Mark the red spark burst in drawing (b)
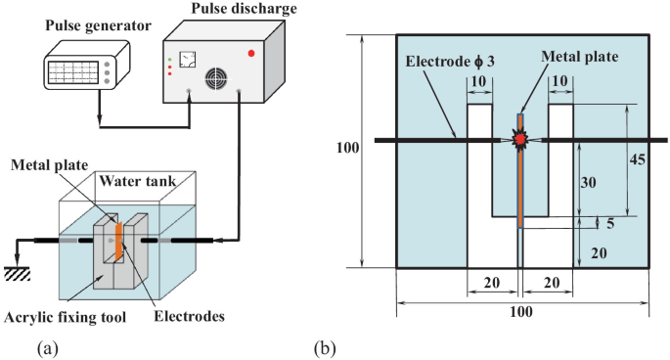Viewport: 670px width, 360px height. click(519, 141)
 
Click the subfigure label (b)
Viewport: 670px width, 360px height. click(325, 347)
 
